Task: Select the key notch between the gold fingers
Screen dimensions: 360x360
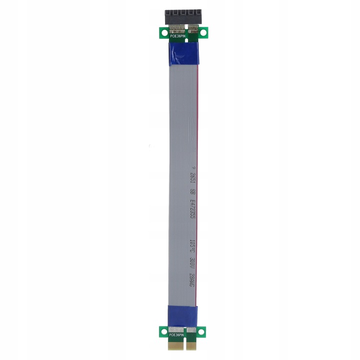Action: point(183,346)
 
